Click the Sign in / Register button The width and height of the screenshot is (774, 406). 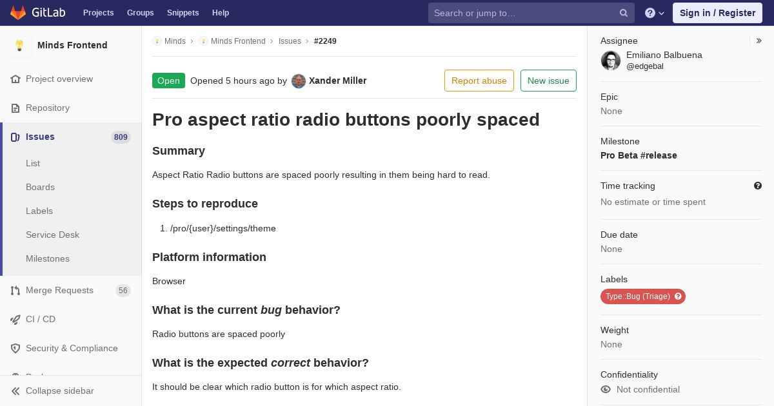[x=717, y=13]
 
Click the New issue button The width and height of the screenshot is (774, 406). [x=548, y=81]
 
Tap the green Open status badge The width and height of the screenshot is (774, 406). [x=168, y=81]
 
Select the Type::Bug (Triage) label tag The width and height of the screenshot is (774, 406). [x=642, y=296]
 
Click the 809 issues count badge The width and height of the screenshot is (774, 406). [x=121, y=137]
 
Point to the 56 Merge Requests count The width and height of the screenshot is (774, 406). [x=123, y=291]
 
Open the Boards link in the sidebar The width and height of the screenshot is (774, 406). [x=40, y=187]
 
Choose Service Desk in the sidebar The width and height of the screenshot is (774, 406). [x=52, y=235]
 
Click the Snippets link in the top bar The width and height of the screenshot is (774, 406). [x=183, y=13]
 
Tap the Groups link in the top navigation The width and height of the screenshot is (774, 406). [x=141, y=13]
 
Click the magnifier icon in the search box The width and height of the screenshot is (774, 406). [x=623, y=13]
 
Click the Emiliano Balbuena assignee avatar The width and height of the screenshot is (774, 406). [x=611, y=61]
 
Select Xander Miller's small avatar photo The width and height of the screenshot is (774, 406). [x=299, y=81]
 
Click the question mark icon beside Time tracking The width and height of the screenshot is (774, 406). [x=758, y=186]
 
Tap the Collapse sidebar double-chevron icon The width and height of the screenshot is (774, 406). [x=15, y=391]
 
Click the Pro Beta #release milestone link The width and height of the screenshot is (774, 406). [x=639, y=155]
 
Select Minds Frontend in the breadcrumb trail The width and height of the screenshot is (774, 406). [x=238, y=41]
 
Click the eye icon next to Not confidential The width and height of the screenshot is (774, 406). [x=606, y=389]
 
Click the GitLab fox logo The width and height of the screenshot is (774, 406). [x=18, y=13]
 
